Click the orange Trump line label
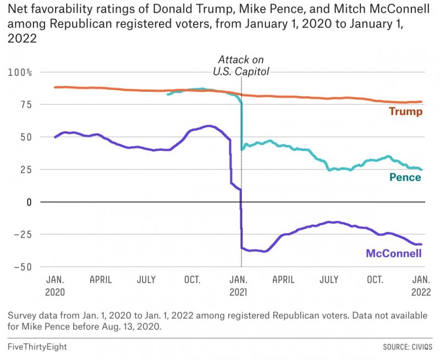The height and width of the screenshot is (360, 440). point(405,112)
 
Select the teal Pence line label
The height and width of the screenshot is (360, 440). point(405,177)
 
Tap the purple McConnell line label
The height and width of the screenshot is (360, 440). point(393,253)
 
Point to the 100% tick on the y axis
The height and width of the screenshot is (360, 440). point(20,73)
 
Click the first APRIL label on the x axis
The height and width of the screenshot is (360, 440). point(101,280)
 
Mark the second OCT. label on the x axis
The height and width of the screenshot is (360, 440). point(375,280)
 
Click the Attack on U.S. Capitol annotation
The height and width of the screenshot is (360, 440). point(241,65)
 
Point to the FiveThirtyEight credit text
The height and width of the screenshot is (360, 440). point(37,347)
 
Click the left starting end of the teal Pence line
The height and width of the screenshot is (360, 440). point(167,95)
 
